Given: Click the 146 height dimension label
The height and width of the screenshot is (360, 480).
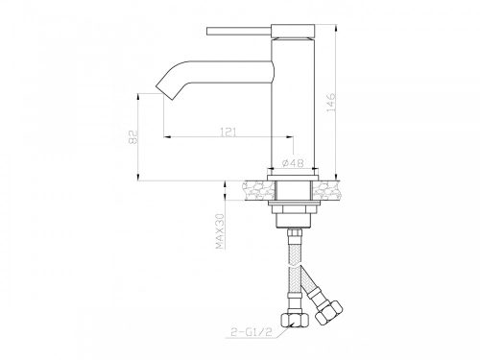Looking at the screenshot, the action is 331,103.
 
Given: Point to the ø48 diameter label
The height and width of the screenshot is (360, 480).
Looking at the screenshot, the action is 293,163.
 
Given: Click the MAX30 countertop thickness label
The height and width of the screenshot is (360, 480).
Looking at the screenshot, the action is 220,231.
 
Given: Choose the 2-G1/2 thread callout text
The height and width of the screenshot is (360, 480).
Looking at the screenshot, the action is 252,332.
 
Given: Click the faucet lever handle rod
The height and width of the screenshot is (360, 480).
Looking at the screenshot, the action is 239,32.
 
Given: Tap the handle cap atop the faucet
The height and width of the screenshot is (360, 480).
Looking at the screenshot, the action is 293,32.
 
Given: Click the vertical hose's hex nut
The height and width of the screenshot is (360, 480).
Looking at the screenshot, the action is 295,320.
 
